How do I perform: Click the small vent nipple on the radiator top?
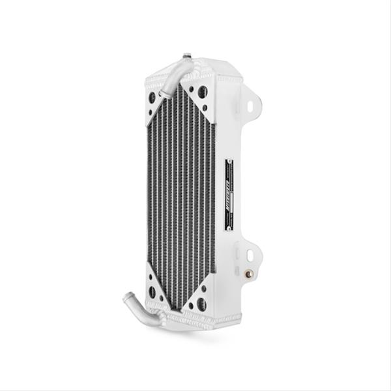187,56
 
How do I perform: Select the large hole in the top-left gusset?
152,98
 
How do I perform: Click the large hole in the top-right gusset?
203,92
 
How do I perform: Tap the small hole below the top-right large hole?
205,107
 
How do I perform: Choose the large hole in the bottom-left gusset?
152,293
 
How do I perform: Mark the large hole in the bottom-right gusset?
202,303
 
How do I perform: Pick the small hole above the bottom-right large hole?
204,288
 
